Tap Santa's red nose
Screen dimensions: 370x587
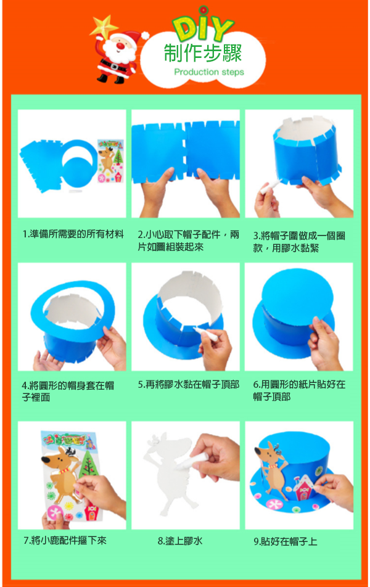[120, 46]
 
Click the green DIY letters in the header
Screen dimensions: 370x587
[203, 25]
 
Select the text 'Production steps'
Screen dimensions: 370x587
[209, 72]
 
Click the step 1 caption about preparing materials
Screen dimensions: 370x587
[73, 234]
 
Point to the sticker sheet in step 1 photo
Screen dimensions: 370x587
[110, 161]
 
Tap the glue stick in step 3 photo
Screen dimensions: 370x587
[271, 186]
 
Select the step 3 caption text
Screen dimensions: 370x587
[299, 242]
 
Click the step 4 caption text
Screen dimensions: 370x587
[68, 391]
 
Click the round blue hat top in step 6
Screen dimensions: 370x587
[297, 296]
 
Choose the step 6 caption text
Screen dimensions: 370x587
[299, 390]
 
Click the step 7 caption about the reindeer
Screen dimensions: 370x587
[65, 540]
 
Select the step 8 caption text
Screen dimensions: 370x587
[179, 541]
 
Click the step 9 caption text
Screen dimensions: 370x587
[286, 541]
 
